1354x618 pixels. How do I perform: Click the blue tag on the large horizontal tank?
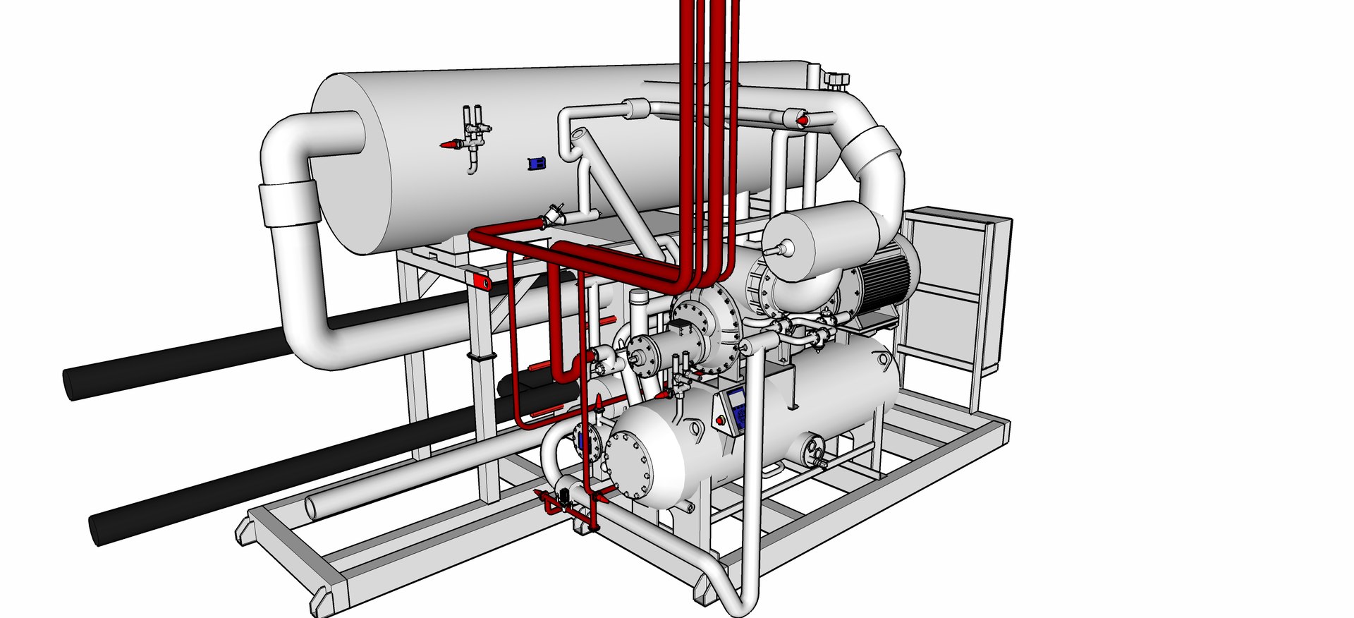[537, 163]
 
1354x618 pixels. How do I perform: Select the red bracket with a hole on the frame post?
[483, 282]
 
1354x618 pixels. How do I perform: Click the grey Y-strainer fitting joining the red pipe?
[551, 217]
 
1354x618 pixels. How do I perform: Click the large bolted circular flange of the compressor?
[705, 332]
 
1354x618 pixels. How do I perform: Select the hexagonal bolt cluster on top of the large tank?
[837, 80]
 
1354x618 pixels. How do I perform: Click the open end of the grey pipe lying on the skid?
[312, 507]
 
